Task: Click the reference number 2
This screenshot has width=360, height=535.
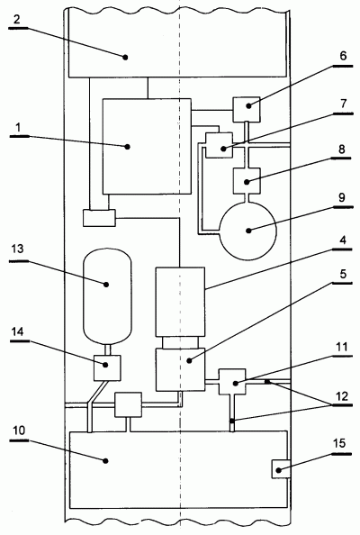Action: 17,20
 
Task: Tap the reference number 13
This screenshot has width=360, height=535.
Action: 17,249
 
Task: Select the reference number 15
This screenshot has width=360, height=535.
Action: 339,443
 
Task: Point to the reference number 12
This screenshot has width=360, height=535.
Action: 341,396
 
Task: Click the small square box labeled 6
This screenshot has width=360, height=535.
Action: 247,110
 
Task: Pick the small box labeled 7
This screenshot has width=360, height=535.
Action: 220,145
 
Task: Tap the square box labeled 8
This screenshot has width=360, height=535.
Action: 247,181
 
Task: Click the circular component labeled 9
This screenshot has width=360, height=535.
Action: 247,231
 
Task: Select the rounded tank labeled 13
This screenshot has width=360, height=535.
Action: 107,296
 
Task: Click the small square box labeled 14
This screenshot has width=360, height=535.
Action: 107,367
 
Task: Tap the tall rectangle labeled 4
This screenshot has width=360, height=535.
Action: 180,302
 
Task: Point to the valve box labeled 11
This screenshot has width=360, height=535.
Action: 232,382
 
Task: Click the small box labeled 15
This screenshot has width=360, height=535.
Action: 281,469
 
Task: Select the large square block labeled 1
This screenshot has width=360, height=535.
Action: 147,147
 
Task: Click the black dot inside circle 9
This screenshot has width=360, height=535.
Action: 248,231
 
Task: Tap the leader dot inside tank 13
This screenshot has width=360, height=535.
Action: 106,284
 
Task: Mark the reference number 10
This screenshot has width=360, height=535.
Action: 19,430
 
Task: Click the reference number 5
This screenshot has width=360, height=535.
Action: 343,274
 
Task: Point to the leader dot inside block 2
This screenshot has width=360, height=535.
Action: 125,58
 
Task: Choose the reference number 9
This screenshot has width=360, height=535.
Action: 342,197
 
